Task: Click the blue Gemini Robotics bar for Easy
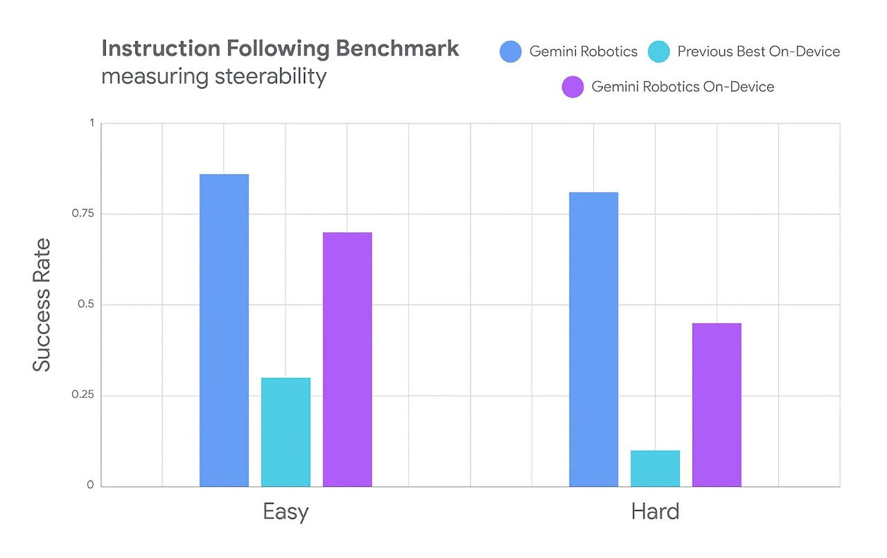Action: pos(224,330)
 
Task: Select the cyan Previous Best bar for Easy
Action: pos(286,432)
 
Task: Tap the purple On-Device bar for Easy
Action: pos(347,359)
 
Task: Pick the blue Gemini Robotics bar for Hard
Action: pos(594,339)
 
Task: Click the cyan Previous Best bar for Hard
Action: pos(655,469)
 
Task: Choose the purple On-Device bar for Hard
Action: pos(717,405)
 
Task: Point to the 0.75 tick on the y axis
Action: pos(82,214)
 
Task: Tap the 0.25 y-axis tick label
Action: pos(82,396)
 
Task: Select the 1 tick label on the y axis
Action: pos(91,123)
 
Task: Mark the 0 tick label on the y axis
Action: pos(90,486)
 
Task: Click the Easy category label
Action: pos(286,512)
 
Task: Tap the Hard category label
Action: pos(655,512)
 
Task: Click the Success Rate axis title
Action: pos(42,305)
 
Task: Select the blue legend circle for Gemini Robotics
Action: pos(511,52)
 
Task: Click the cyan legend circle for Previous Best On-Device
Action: pos(659,52)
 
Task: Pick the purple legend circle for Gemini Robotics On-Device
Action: pos(573,87)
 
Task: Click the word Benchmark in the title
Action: pos(397,49)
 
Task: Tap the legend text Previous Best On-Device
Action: pos(758,52)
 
